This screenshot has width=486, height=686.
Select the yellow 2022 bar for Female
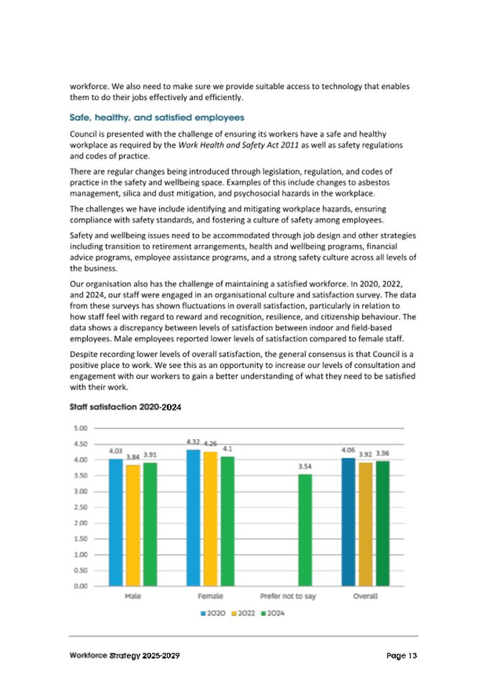pyautogui.click(x=210, y=518)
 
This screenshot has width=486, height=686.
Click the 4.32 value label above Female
pyautogui.click(x=193, y=441)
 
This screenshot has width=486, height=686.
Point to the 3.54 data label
pyautogui.click(x=305, y=466)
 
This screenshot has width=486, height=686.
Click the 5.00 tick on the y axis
pyautogui.click(x=81, y=428)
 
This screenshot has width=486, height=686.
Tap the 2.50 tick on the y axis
pyautogui.click(x=81, y=507)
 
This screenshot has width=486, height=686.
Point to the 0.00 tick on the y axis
pyautogui.click(x=81, y=586)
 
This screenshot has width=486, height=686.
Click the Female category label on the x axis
pyautogui.click(x=210, y=597)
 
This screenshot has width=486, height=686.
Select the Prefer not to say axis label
pyautogui.click(x=288, y=597)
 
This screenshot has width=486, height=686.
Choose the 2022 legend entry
pyautogui.click(x=243, y=613)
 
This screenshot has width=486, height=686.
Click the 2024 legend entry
pyautogui.click(x=272, y=613)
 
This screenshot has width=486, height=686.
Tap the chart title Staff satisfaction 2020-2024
pyautogui.click(x=125, y=407)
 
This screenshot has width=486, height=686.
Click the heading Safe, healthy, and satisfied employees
pyautogui.click(x=156, y=117)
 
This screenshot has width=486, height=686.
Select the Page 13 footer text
pyautogui.click(x=401, y=656)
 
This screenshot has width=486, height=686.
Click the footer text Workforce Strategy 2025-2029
pyautogui.click(x=125, y=656)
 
